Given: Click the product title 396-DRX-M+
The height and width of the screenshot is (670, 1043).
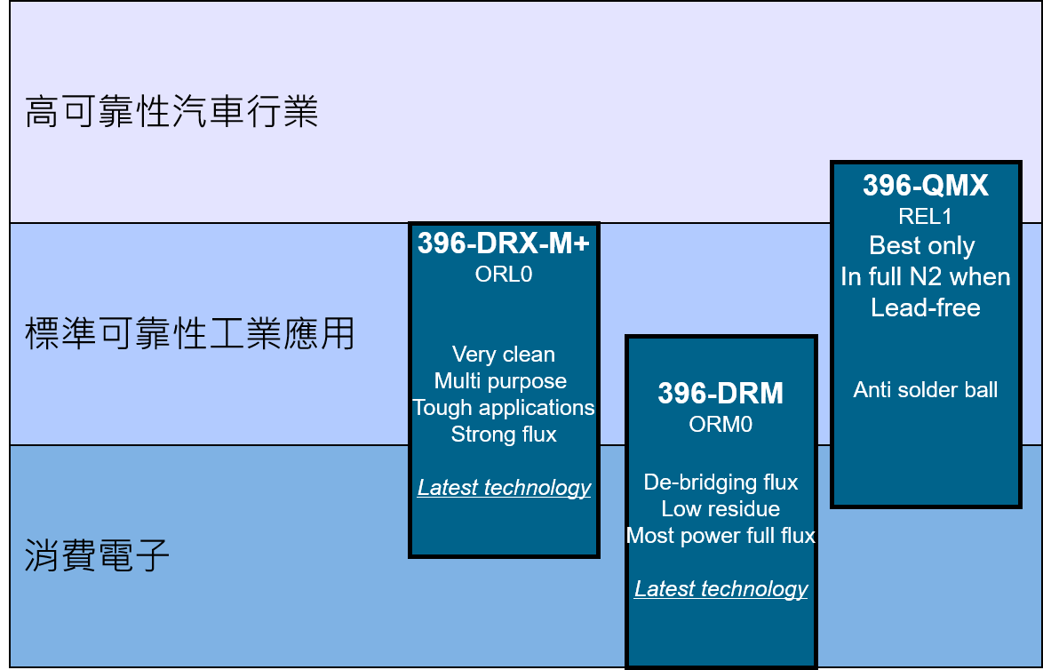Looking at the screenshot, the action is [504, 243].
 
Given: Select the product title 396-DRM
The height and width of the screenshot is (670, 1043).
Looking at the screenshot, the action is [721, 394].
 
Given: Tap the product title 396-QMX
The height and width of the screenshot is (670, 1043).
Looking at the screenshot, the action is [925, 186].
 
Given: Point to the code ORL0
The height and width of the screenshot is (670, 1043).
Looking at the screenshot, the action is [504, 275].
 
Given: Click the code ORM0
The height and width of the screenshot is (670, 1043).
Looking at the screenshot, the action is [721, 425].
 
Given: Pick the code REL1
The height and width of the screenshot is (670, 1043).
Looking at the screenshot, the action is [925, 216].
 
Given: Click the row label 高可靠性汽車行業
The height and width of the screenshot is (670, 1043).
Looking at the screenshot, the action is [171, 111].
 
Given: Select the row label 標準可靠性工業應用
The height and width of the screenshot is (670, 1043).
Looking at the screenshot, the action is [189, 333].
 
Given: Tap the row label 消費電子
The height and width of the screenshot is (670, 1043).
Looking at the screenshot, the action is [97, 555].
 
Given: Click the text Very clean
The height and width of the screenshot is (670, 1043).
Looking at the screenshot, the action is [504, 355].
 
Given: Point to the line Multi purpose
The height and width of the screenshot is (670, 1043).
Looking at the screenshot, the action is [500, 381].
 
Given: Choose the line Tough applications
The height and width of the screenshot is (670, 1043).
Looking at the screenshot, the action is [504, 408].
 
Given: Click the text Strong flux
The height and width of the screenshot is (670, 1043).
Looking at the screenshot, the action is [504, 435].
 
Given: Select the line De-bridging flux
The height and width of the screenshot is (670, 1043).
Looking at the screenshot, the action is [721, 483].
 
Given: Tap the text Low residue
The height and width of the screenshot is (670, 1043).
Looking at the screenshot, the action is [721, 509].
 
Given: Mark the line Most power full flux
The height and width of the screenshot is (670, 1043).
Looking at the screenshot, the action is [721, 536].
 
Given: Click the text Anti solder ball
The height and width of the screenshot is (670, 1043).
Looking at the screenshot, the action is [925, 390].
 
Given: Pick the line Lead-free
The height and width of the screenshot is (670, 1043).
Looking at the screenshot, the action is [925, 308].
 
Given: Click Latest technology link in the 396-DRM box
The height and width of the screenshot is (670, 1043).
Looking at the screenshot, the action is [721, 589].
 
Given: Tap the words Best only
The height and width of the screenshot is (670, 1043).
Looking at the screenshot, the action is [922, 246].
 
